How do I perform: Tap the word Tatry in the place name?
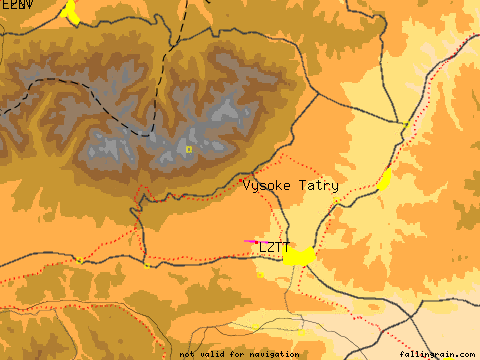(317, 186)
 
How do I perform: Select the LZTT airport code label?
(274, 247)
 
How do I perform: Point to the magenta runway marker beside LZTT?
(251, 241)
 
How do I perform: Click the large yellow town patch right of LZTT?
(298, 257)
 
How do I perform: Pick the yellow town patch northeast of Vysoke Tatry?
(385, 180)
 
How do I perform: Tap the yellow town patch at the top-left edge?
(70, 11)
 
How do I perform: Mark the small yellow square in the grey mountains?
(188, 149)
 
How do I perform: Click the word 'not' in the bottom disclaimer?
(187, 354)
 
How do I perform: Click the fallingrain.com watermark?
(438, 354)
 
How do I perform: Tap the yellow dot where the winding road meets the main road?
(148, 266)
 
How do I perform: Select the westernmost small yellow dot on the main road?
(79, 260)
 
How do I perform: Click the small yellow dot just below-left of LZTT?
(259, 273)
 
